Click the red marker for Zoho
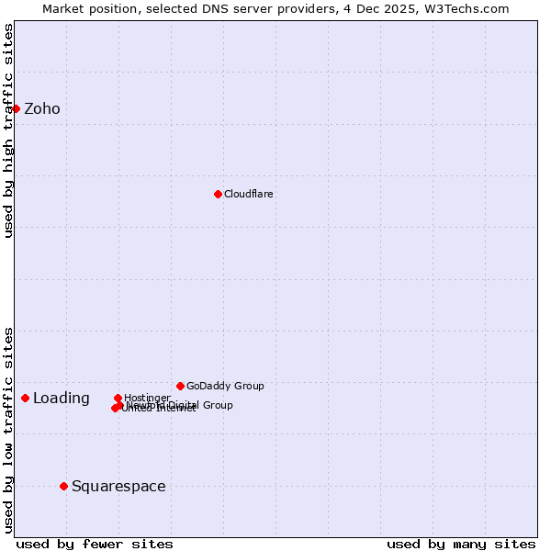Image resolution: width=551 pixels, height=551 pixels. [x=16, y=108]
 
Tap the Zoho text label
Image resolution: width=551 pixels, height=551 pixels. [x=42, y=108]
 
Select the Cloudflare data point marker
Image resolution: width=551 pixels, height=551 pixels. [x=218, y=194]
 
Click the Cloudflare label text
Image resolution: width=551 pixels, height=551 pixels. [x=249, y=195]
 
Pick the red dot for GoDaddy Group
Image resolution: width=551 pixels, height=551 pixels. [x=180, y=386]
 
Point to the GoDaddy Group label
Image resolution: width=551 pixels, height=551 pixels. [x=225, y=386]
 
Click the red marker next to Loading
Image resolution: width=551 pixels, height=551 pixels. [x=25, y=398]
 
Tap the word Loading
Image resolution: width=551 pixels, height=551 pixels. [x=62, y=399]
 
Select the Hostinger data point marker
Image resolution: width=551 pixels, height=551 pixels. [x=118, y=398]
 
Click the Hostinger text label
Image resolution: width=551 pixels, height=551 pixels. [x=148, y=398]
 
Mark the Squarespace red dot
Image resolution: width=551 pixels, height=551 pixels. [x=63, y=486]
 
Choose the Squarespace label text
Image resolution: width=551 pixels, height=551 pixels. [x=118, y=487]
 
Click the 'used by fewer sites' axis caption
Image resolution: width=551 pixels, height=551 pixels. [x=95, y=545]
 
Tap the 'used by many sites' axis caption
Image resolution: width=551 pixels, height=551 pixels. [x=461, y=545]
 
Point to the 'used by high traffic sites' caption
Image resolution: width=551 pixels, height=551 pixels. [x=9, y=130]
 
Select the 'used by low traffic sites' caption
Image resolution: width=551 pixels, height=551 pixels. [x=9, y=429]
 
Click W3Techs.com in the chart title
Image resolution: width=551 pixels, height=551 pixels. [x=472, y=8]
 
